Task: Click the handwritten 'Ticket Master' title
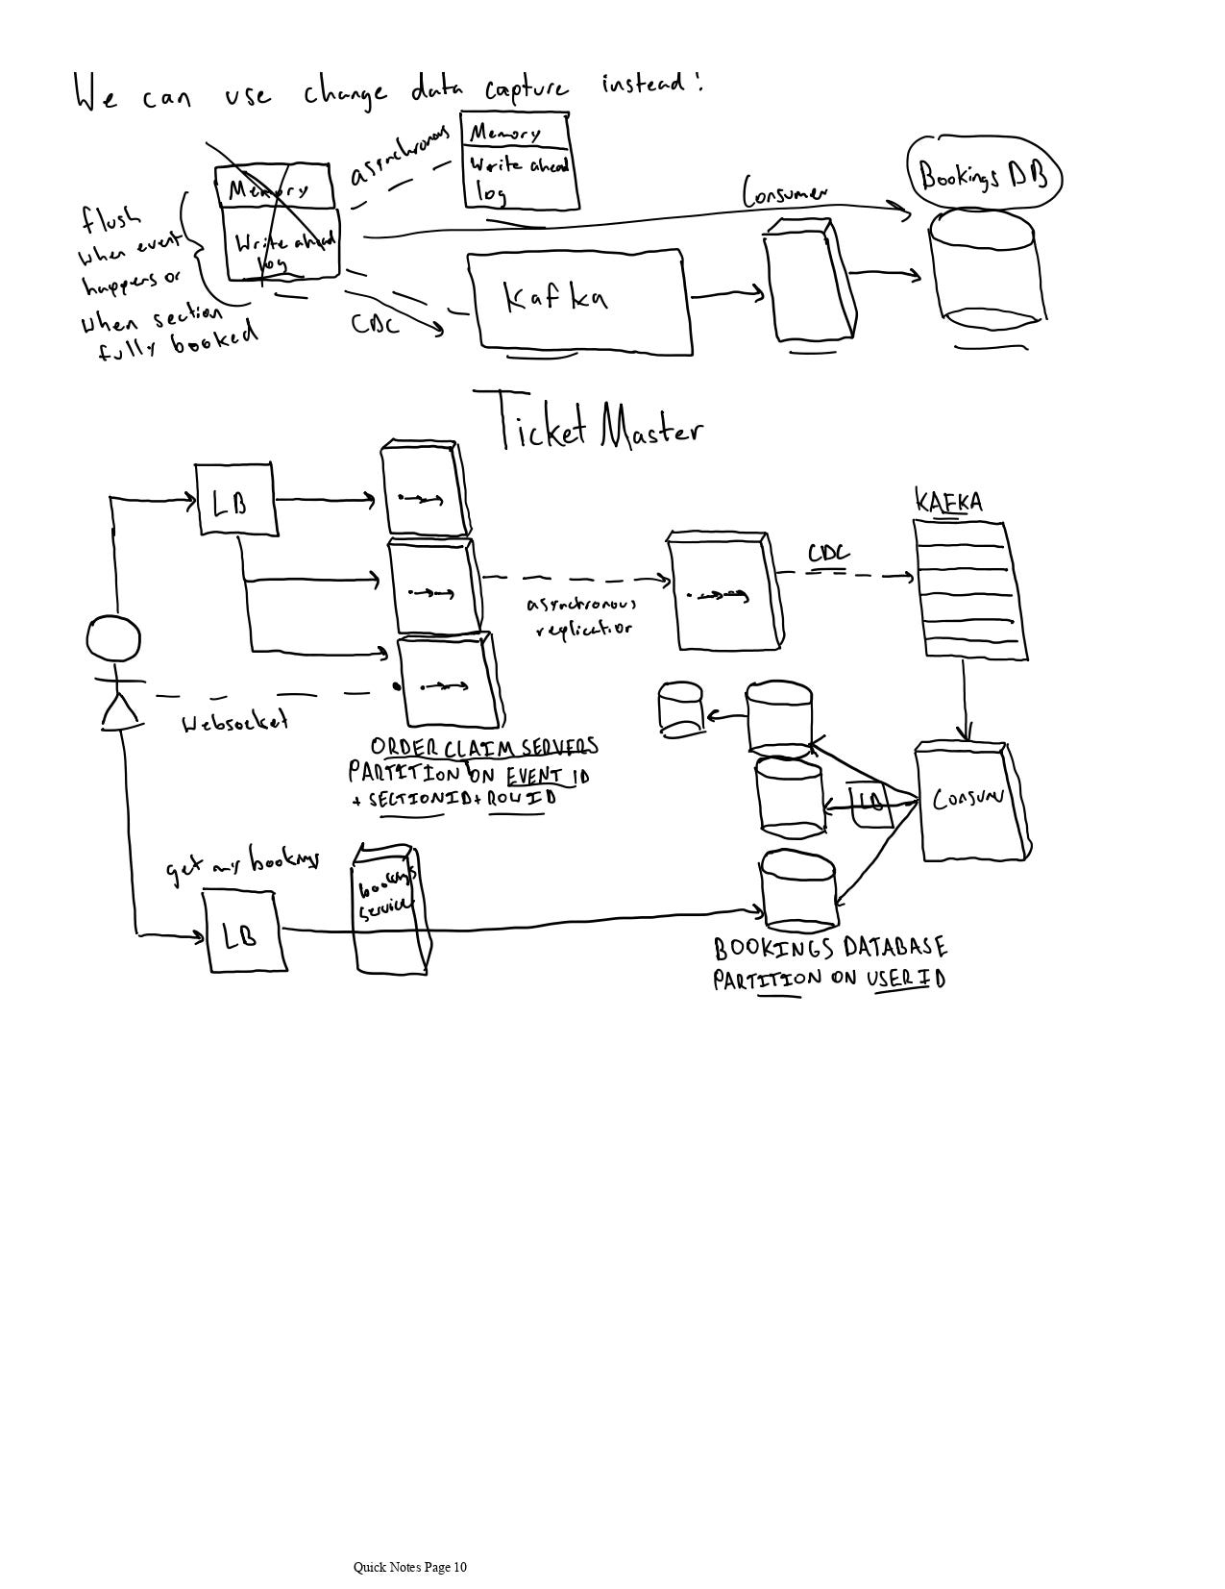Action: pyautogui.click(x=600, y=424)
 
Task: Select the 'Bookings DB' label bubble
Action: pyautogui.click(x=983, y=176)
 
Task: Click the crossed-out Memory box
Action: pyautogui.click(x=274, y=188)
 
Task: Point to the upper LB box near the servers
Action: pyautogui.click(x=236, y=500)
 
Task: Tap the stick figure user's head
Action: pyautogui.click(x=113, y=639)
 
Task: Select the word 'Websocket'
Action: pyautogui.click(x=235, y=722)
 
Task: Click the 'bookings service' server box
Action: pyautogui.click(x=387, y=908)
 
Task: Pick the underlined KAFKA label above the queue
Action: pyautogui.click(x=948, y=502)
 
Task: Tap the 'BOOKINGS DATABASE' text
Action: pyautogui.click(x=830, y=949)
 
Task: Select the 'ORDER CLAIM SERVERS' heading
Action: pyautogui.click(x=484, y=747)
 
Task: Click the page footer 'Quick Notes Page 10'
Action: pyautogui.click(x=410, y=1567)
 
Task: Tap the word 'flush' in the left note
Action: pyautogui.click(x=110, y=219)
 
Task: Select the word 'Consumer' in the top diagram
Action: pyautogui.click(x=784, y=192)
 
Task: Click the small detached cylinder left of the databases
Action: pyautogui.click(x=681, y=709)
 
